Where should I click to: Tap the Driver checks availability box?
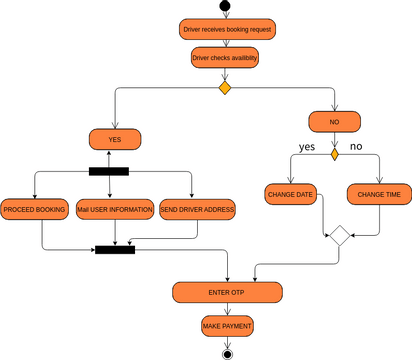[x=225, y=58]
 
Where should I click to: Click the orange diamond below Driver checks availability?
[x=225, y=88]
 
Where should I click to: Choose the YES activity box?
[x=115, y=139]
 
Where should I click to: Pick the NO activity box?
[x=335, y=121]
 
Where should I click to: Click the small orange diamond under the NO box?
[x=335, y=153]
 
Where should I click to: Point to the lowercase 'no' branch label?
[x=356, y=147]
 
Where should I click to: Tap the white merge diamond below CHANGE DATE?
[x=339, y=236]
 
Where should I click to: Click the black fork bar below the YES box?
[x=108, y=170]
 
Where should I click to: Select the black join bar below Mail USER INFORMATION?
[x=115, y=248]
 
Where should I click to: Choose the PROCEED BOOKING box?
[x=36, y=209]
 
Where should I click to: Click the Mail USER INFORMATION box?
[x=115, y=209]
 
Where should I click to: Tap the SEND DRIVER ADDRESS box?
[x=198, y=209]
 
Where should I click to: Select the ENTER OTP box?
[x=225, y=292]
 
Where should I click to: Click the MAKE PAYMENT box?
[x=227, y=327]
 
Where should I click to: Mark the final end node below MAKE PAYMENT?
[x=227, y=353]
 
